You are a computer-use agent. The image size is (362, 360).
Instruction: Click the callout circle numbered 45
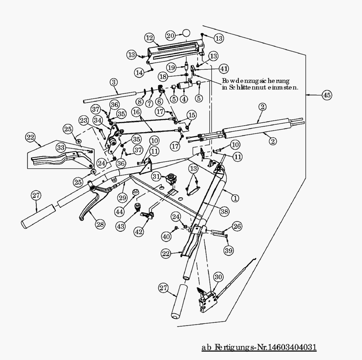click(326, 95)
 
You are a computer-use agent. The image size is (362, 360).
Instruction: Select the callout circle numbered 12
click(149, 38)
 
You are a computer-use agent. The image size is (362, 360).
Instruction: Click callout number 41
click(224, 69)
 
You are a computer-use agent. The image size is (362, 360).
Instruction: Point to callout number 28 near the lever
click(100, 224)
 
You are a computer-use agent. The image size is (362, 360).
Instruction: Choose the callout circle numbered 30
click(219, 277)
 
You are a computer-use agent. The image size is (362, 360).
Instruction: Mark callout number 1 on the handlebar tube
click(235, 198)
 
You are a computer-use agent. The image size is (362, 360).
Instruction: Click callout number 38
click(224, 211)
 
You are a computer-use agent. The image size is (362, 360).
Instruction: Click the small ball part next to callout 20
click(186, 33)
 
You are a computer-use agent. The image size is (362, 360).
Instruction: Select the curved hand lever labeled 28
click(90, 206)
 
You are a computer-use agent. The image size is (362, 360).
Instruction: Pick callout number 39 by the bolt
click(228, 250)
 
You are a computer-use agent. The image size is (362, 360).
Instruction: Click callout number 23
click(84, 120)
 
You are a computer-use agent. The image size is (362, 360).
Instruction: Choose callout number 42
click(139, 232)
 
